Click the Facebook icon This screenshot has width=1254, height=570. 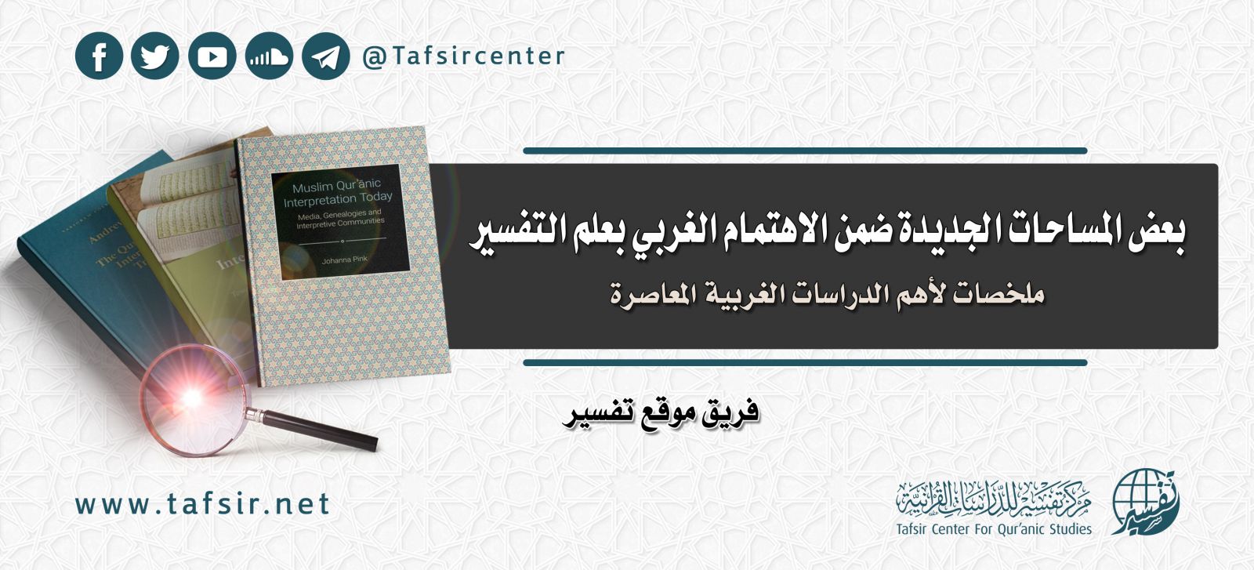coord(99,56)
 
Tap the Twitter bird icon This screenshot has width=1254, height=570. coord(155,56)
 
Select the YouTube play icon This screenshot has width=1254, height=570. coord(212,56)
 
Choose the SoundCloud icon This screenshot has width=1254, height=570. coord(269,56)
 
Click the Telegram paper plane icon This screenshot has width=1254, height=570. coord(325,56)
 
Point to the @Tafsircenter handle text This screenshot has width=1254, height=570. coord(463,56)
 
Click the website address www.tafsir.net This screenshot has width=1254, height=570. coord(202,504)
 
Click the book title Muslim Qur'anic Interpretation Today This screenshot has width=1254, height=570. coord(338,194)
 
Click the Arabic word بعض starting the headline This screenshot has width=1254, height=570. coord(1157,234)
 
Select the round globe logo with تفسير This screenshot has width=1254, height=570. coord(1144,502)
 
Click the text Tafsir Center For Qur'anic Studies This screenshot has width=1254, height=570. coord(994,529)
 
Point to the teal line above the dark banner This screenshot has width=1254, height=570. coord(804,151)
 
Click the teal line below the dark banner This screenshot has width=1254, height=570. coord(804,363)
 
